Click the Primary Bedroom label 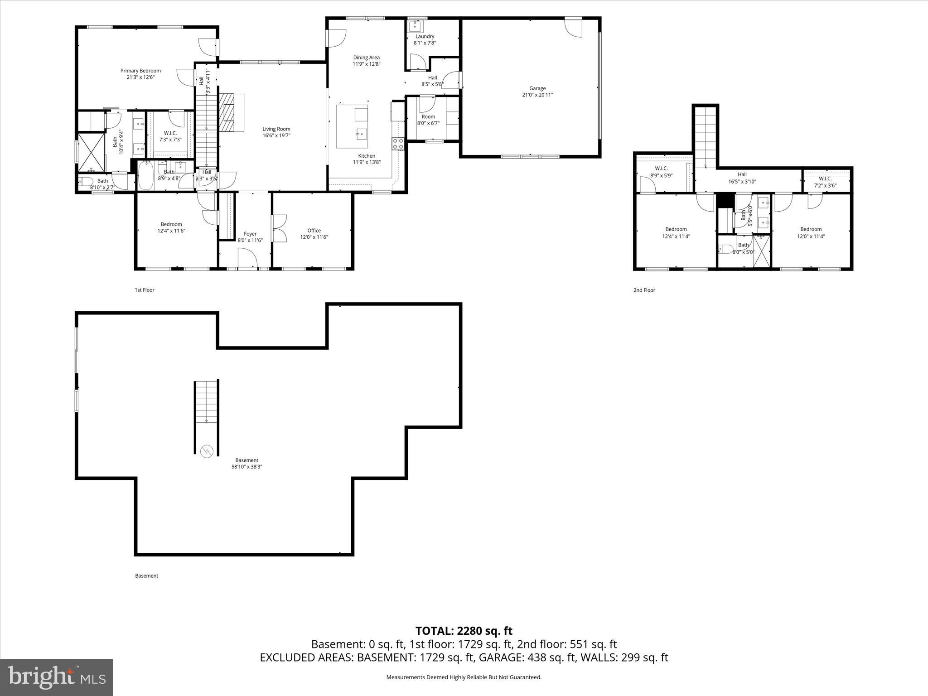(x=140, y=71)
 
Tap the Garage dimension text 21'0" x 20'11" (x=537, y=95)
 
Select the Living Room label (x=276, y=129)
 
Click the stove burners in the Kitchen (x=398, y=144)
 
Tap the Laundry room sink (x=415, y=26)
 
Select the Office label (x=314, y=231)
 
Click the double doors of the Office (x=279, y=229)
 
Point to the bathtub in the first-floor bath (x=146, y=175)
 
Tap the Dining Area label (x=367, y=58)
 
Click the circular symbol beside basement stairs (x=206, y=451)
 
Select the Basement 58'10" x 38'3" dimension (x=247, y=467)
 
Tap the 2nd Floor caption (x=644, y=290)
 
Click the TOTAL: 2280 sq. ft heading (x=464, y=631)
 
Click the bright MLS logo (x=57, y=677)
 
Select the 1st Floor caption (x=145, y=290)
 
